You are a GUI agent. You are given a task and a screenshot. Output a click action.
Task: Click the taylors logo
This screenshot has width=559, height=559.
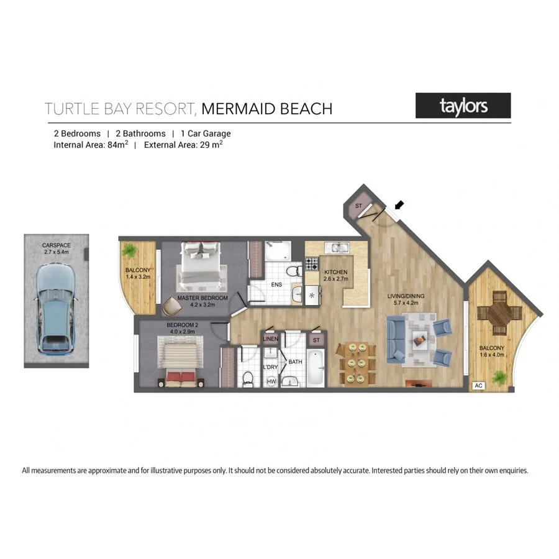pos(463,106)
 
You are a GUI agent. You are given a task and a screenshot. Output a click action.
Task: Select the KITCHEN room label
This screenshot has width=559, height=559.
pos(335,273)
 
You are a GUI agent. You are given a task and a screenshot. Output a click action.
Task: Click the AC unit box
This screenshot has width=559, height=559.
pos(478,385)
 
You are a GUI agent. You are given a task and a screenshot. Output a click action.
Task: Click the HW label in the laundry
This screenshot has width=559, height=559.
pos(271,381)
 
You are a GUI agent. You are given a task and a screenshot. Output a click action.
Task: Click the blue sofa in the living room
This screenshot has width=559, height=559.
pos(396,339)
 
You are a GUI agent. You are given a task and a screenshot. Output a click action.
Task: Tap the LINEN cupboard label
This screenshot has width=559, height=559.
pos(270,339)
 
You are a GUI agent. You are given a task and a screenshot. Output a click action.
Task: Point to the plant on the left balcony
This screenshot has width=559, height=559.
pos(130,250)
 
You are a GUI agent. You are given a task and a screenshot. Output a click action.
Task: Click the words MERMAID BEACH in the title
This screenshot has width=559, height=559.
pos(267,109)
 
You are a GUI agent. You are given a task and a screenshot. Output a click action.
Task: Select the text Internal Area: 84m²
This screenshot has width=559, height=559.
pos(91,145)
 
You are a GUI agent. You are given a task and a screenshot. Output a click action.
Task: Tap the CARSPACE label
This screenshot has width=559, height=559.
pos(56,245)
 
